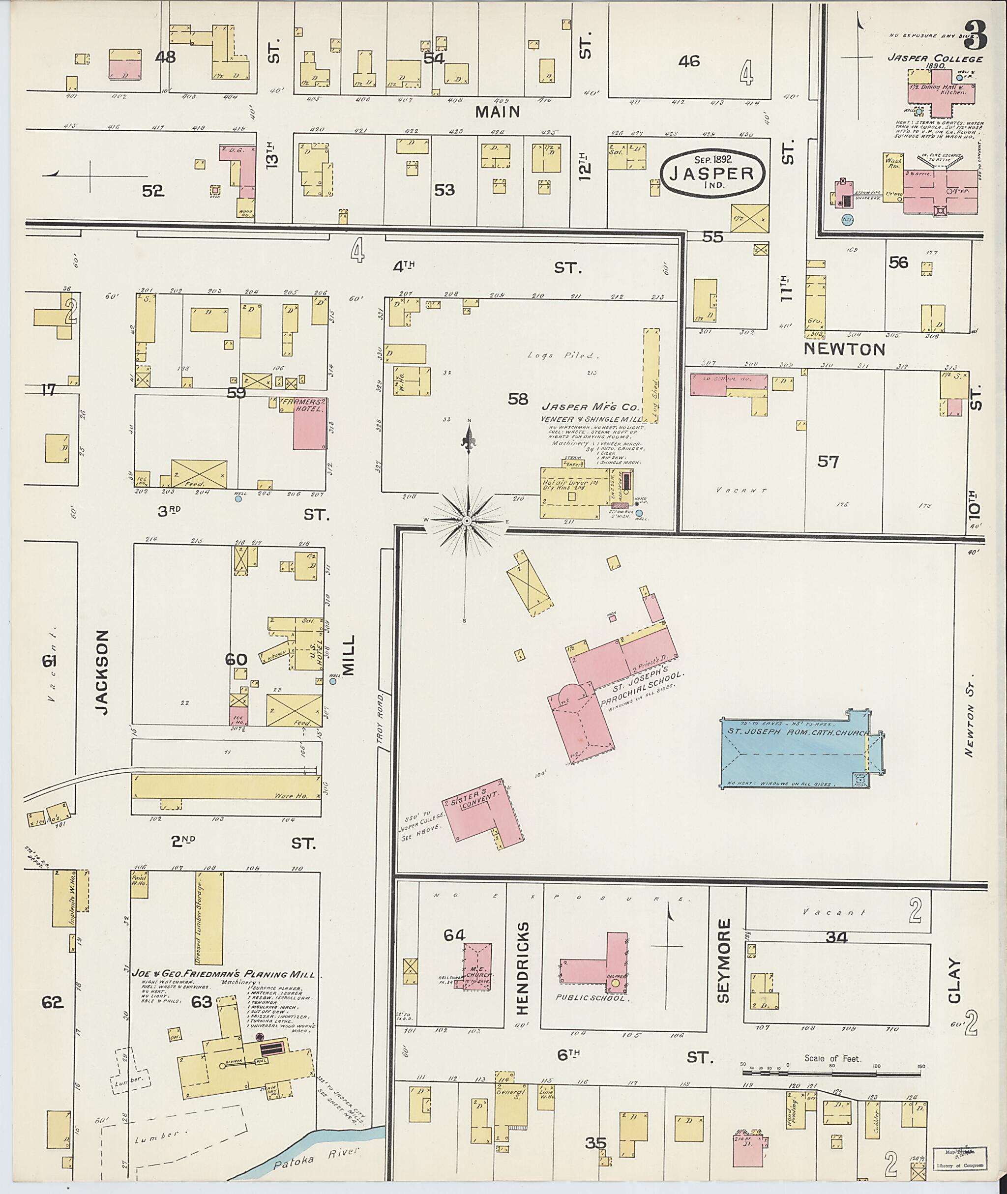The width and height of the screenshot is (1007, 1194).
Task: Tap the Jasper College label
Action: [x=935, y=59]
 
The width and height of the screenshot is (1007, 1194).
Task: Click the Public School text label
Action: [x=592, y=999]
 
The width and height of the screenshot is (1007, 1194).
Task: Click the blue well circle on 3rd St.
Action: [x=238, y=498]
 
